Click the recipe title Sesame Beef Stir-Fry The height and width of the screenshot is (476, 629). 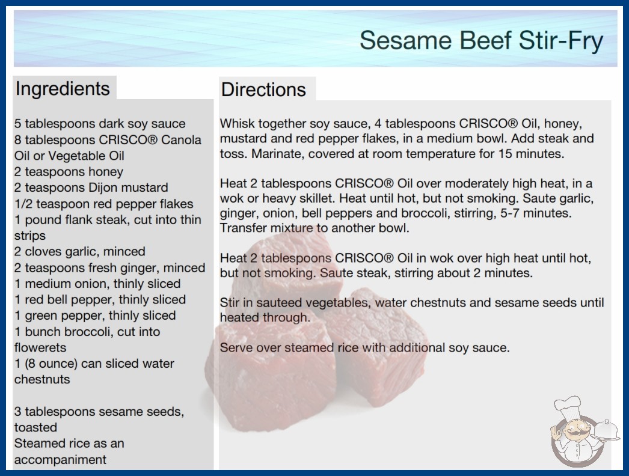481,41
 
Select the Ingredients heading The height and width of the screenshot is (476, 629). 63,88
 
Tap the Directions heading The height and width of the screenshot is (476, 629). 263,90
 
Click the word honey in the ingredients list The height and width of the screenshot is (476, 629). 106,172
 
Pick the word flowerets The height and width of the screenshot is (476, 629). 40,347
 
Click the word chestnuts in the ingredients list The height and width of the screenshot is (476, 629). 42,379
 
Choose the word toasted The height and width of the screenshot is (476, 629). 35,427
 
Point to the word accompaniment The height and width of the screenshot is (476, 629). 60,460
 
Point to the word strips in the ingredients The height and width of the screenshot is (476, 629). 30,236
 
